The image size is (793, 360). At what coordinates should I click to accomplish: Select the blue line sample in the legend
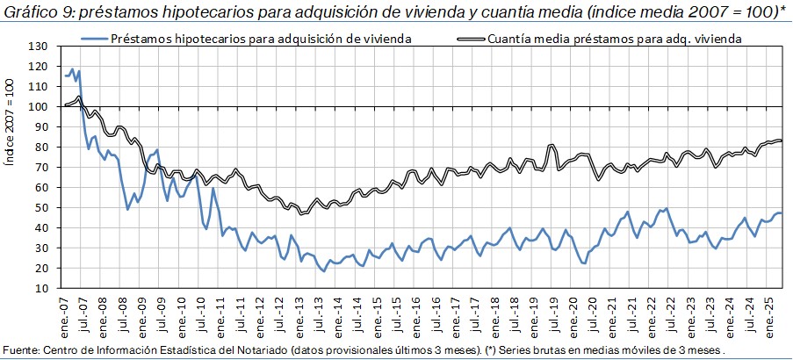pyautogui.click(x=94, y=40)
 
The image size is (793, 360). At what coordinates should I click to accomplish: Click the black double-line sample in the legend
pyautogui.click(x=470, y=40)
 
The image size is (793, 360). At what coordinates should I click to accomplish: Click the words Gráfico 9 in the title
pyautogui.click(x=32, y=12)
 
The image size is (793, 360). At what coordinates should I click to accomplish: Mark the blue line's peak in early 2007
pyautogui.click(x=72, y=68)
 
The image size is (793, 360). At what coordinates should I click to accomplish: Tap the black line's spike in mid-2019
pyautogui.click(x=551, y=145)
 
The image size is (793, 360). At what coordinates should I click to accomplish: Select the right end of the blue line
pyautogui.click(x=782, y=213)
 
